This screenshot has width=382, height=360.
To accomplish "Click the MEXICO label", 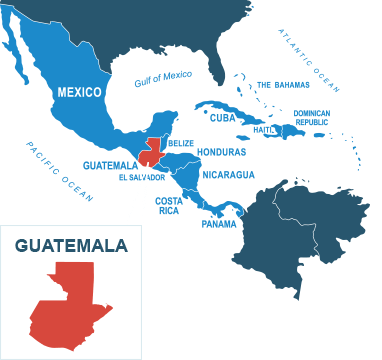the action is coord(79,92).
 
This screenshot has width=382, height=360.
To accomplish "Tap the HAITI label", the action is coord(265,128).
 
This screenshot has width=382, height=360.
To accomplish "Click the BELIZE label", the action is coord(180,143).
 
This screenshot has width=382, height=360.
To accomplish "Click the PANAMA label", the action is coord(219,223).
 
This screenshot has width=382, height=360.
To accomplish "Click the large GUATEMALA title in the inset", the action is coord(71,245).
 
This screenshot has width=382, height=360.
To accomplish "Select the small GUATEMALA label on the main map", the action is coord(109,164).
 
